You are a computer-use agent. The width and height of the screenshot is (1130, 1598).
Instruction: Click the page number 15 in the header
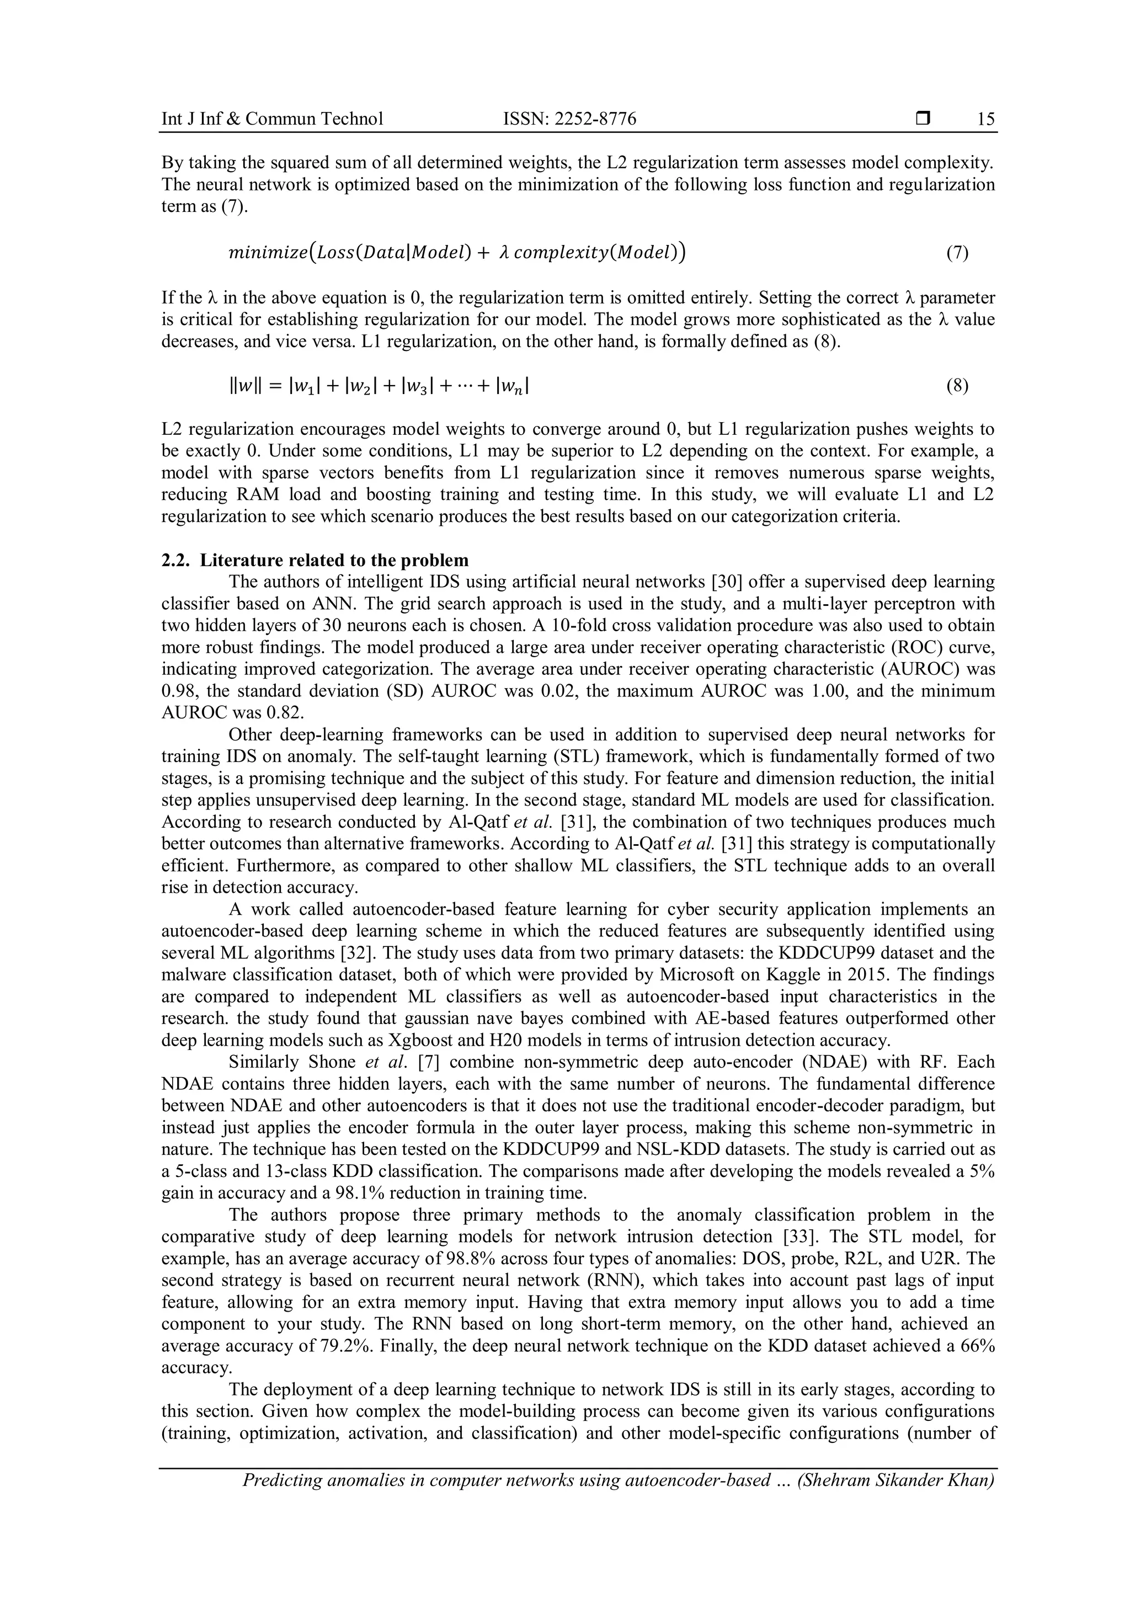[985, 119]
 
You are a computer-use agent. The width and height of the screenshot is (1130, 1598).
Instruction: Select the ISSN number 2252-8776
[594, 119]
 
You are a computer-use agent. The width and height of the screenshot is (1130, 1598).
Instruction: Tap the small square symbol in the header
[923, 119]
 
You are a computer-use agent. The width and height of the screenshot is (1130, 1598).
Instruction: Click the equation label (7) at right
[957, 253]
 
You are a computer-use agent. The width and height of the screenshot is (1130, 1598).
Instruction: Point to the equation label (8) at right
[957, 386]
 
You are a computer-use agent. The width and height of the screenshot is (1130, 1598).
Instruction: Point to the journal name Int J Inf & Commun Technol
[272, 119]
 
